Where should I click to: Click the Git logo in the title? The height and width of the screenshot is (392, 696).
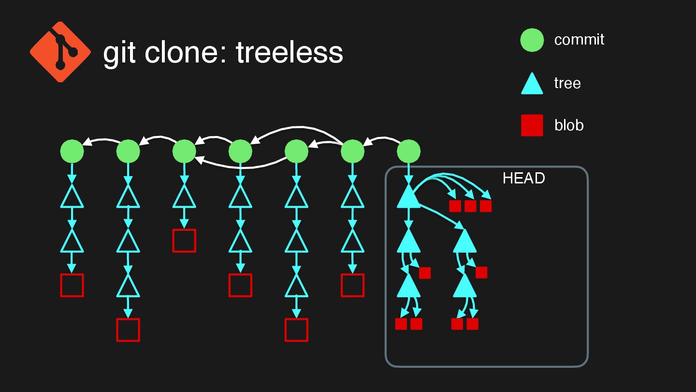click(x=60, y=51)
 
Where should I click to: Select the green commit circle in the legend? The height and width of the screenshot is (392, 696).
click(x=532, y=40)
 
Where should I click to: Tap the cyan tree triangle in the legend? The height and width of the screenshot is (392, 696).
click(x=532, y=84)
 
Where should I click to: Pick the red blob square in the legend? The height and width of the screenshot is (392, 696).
click(x=532, y=125)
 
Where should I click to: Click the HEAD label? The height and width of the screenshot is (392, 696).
click(x=523, y=178)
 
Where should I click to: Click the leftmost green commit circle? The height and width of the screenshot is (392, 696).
click(x=72, y=151)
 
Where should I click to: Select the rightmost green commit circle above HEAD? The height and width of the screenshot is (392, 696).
click(x=408, y=151)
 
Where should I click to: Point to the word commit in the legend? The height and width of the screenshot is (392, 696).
click(x=579, y=40)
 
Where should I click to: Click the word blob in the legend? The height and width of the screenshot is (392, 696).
click(x=569, y=125)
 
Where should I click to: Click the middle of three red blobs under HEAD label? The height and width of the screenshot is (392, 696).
click(x=470, y=206)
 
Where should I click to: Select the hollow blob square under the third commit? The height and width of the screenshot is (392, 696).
click(x=184, y=241)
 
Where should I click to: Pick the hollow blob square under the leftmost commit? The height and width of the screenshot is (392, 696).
click(x=72, y=285)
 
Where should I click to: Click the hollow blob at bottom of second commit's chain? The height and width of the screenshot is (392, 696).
click(x=128, y=330)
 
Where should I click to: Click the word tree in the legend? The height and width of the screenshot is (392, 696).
click(x=567, y=83)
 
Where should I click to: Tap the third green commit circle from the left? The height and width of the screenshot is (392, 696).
click(x=184, y=151)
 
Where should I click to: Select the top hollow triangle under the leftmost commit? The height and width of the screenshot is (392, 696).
click(x=72, y=197)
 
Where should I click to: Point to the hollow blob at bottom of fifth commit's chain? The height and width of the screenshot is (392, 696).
click(x=296, y=330)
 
